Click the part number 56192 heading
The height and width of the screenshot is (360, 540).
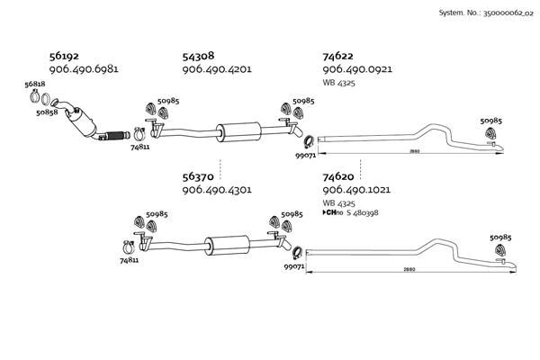point(64,56)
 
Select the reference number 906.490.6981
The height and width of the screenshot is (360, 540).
point(84,69)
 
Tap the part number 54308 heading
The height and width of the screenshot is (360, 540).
point(198,56)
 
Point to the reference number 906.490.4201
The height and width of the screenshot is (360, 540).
point(217,69)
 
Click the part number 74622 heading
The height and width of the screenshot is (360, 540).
point(337,56)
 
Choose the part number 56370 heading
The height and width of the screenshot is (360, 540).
point(198,176)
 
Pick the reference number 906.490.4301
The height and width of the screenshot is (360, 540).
point(217,190)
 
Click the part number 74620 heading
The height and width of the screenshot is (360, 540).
point(338,176)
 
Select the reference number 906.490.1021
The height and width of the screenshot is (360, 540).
point(356,190)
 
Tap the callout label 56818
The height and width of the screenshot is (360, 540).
point(35,84)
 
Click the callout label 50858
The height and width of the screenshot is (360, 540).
point(47,112)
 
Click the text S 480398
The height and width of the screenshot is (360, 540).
point(363,212)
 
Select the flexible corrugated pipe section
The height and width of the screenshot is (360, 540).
point(116,136)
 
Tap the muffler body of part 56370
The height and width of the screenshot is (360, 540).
point(228,246)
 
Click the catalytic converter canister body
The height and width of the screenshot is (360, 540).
point(82,123)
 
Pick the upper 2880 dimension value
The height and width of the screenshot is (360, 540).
point(414,151)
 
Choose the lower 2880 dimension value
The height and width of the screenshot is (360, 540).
point(409,269)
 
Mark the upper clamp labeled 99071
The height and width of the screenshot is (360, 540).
point(308,141)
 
